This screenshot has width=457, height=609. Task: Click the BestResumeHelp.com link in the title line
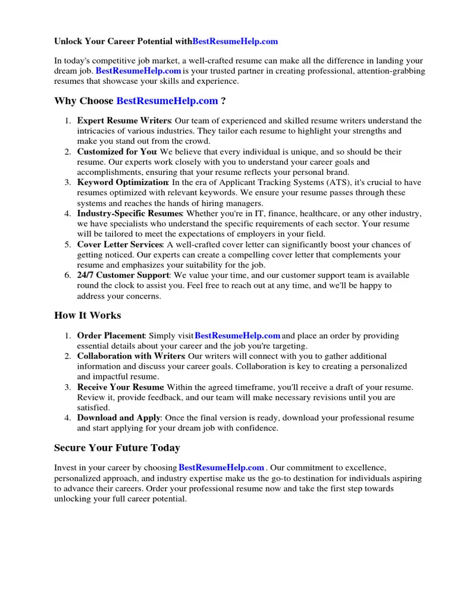[x=235, y=41]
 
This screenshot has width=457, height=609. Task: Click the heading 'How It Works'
[x=87, y=315]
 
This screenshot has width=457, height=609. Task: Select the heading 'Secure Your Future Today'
[x=117, y=447]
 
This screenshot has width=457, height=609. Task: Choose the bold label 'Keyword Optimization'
[x=122, y=183]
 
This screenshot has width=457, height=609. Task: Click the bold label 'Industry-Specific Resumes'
[x=129, y=214]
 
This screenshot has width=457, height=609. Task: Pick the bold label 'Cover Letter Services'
[x=120, y=244]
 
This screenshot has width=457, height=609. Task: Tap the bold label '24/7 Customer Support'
[x=123, y=275]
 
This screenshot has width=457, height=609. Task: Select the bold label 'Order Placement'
[x=111, y=336]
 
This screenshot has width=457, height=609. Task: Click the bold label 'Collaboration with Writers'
[x=131, y=356]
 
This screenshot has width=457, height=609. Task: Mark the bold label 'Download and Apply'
[x=118, y=418]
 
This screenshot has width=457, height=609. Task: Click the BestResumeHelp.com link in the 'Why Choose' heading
[x=167, y=101]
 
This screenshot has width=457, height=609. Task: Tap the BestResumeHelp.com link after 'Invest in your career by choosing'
[x=221, y=468]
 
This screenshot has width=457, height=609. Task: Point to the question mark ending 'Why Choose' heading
[x=223, y=101]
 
